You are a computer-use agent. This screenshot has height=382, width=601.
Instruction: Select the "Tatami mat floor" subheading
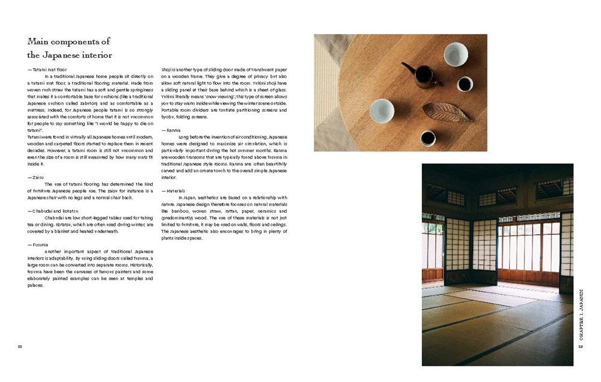pyautogui.click(x=49, y=70)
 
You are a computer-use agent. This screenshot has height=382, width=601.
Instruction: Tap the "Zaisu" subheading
pyautogui.click(x=37, y=177)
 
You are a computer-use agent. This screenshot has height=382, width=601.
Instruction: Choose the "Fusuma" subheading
pyautogui.click(x=39, y=244)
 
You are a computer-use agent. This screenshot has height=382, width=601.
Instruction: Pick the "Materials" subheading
pyautogui.click(x=175, y=190)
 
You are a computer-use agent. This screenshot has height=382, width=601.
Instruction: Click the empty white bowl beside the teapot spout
pyautogui.click(x=456, y=55)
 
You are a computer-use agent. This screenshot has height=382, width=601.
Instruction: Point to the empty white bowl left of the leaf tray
pyautogui.click(x=382, y=111)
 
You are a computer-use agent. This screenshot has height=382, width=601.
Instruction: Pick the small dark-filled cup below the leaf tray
pyautogui.click(x=428, y=138)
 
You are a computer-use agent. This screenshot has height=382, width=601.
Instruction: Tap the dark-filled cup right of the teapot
pyautogui.click(x=465, y=84)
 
